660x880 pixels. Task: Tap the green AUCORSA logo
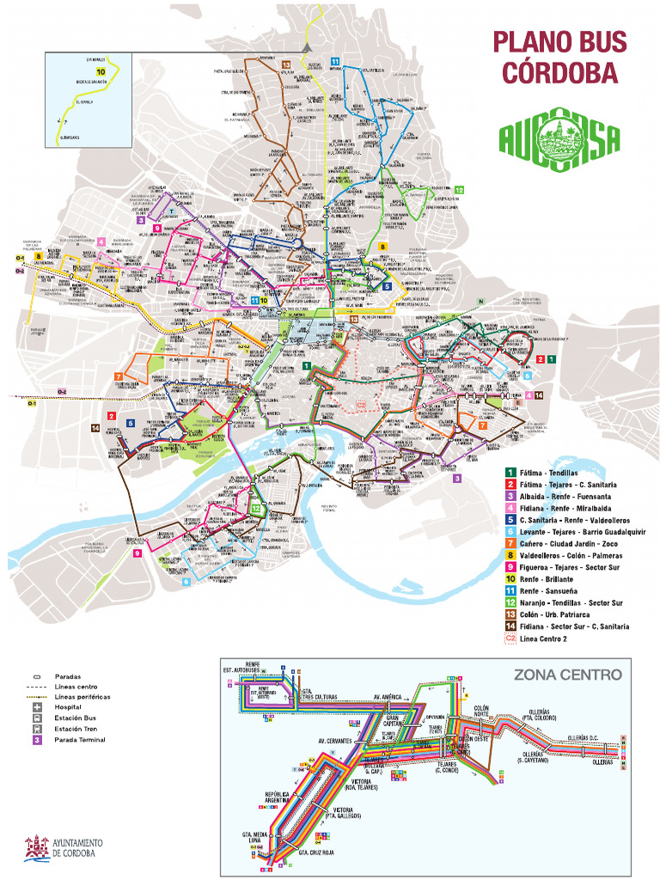559,140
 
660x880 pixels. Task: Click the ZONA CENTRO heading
567,675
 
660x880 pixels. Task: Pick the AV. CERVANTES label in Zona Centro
336,740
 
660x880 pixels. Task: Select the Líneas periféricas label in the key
81,697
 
